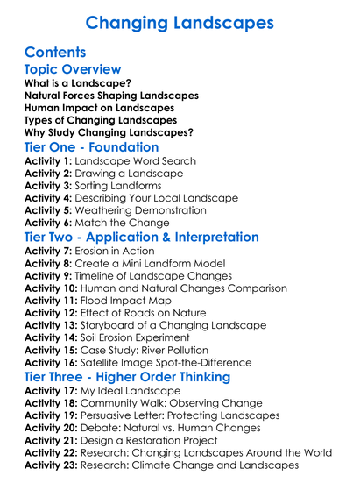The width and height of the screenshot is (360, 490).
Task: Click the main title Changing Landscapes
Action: [180, 20]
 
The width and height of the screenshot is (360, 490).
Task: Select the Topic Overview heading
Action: [73, 70]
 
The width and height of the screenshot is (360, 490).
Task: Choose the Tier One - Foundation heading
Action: [92, 147]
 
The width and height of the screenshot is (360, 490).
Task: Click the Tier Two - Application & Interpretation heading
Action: [142, 238]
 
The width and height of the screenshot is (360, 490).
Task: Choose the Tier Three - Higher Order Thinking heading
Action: [127, 377]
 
